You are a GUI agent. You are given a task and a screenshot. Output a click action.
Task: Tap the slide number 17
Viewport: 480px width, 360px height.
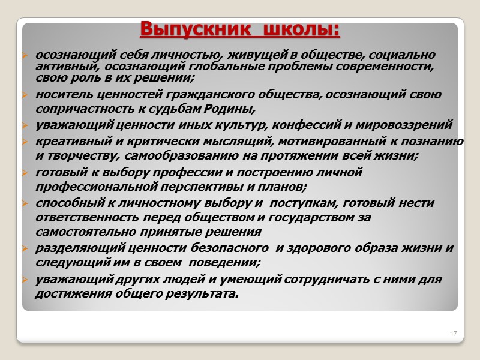point(454,333)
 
